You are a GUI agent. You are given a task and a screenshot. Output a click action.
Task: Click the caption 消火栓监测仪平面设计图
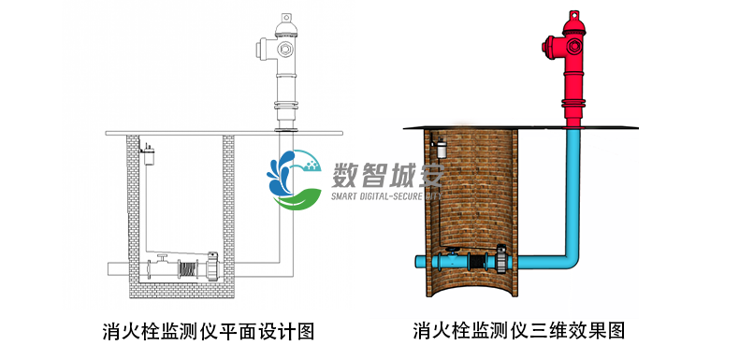[208, 330]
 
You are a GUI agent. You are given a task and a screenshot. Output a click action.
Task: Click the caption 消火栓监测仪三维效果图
[519, 330]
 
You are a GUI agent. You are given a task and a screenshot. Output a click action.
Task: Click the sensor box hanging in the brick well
[441, 147]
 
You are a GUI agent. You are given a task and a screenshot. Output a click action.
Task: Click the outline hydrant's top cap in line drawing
[285, 17]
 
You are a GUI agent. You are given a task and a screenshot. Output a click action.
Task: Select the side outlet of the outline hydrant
[265, 46]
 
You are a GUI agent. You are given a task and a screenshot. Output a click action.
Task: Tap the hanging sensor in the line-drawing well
[147, 148]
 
